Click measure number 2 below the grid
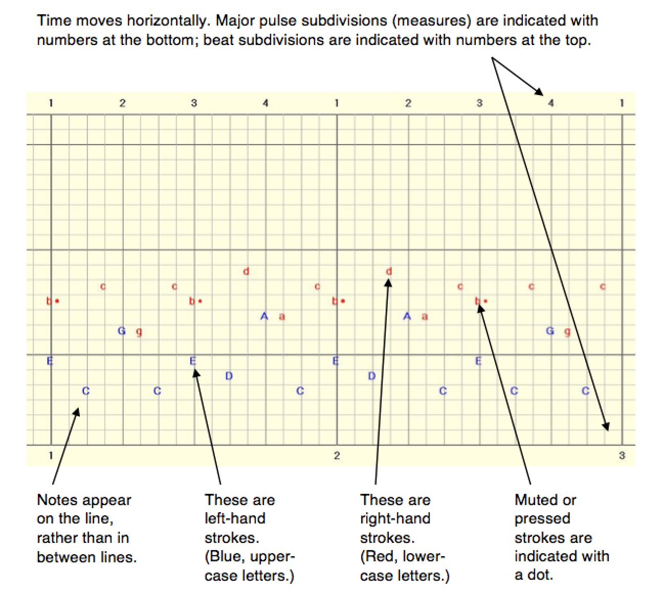337,455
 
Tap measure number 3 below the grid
622,455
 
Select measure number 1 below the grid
51,455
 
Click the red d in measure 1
246,271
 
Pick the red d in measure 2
389,271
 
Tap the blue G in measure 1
122,331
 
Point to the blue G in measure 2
550,331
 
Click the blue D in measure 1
229,376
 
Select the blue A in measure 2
407,316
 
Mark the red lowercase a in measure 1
282,317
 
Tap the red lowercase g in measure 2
567,332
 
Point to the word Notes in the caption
58,499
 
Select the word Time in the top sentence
54,21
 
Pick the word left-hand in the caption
235,518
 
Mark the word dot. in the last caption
540,575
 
